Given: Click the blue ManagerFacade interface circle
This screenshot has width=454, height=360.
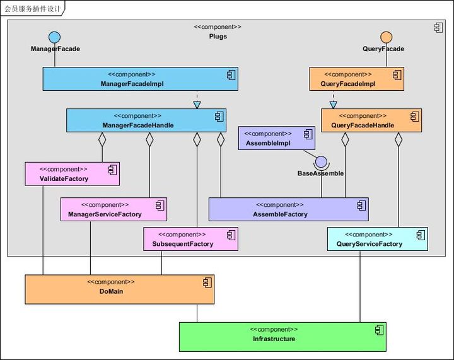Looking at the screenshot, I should point(55,37).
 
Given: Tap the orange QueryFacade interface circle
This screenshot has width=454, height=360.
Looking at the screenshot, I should point(387,37).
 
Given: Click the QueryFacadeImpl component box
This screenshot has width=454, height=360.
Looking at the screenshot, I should point(356,79).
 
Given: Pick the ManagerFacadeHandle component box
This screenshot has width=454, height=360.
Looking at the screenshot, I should point(146,120).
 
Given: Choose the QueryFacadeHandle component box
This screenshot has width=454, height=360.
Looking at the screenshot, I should point(371,120).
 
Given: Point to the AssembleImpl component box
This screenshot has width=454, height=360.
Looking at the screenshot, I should point(276,138).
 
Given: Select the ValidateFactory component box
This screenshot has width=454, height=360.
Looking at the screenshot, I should point(72,174).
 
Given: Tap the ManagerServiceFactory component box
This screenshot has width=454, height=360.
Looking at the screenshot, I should point(113,209).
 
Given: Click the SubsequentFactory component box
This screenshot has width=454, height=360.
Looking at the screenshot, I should point(191,239).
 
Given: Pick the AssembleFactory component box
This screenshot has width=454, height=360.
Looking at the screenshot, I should point(288,209).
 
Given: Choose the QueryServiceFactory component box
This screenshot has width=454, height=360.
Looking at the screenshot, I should point(377,239).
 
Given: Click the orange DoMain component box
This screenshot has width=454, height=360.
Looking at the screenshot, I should point(120,289).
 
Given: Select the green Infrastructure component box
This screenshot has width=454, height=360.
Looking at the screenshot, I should point(282,337).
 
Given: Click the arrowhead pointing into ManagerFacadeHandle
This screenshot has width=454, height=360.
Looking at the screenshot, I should point(197,105).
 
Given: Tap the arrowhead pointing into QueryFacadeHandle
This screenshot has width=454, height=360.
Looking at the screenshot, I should point(333,105).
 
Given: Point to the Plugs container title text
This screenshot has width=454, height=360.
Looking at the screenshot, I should point(218,37).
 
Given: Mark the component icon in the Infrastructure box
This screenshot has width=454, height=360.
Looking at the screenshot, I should point(379,330).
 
